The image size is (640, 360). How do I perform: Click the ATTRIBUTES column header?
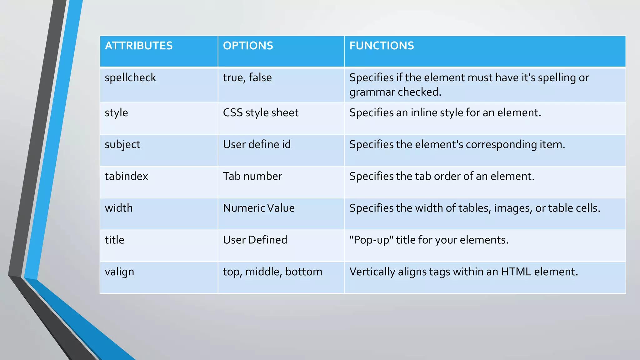pyautogui.click(x=139, y=46)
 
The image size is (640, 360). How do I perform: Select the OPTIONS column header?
pyautogui.click(x=248, y=46)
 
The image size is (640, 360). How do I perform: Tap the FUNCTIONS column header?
pyautogui.click(x=382, y=46)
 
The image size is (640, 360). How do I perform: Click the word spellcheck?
pyautogui.click(x=130, y=78)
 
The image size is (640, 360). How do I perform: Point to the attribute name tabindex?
pyautogui.click(x=126, y=177)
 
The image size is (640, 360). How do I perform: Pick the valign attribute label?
pyautogui.click(x=119, y=272)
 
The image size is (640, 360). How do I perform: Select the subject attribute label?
pyautogui.click(x=122, y=145)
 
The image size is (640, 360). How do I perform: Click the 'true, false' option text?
pyautogui.click(x=247, y=78)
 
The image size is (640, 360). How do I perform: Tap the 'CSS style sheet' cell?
pyautogui.click(x=261, y=113)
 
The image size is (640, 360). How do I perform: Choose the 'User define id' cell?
pyautogui.click(x=257, y=145)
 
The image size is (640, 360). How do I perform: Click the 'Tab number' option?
pyautogui.click(x=252, y=177)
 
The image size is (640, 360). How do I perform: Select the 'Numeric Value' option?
pyautogui.click(x=259, y=208)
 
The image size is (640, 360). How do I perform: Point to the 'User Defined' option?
pyautogui.click(x=255, y=240)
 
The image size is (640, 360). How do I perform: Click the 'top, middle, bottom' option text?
pyautogui.click(x=272, y=272)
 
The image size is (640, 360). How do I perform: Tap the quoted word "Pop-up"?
pyautogui.click(x=371, y=240)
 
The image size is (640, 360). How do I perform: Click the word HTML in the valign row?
pyautogui.click(x=516, y=272)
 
